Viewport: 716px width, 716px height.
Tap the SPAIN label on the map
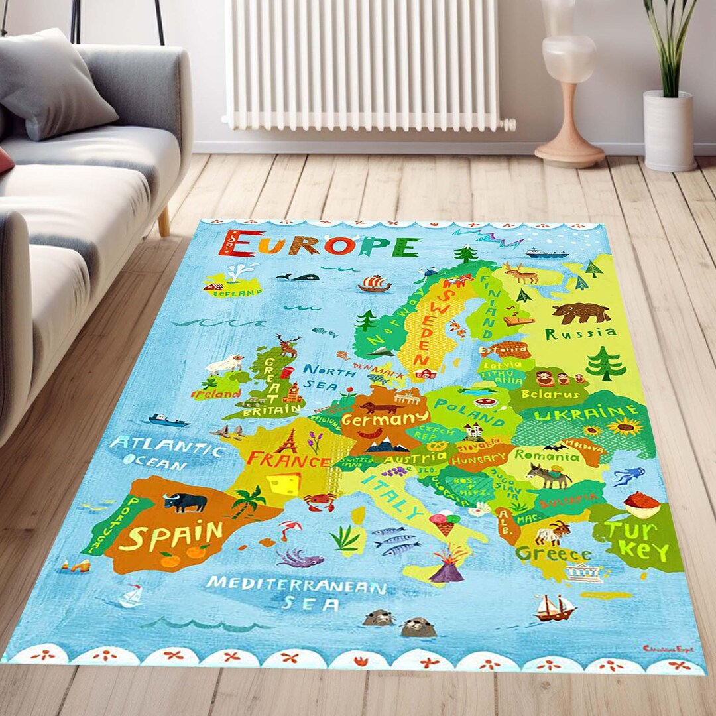[171, 536]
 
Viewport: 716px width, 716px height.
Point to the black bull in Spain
[185, 502]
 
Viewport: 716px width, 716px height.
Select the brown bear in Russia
[581, 312]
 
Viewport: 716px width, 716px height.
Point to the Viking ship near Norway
[375, 284]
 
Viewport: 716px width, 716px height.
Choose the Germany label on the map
[385, 419]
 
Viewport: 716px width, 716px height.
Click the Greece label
[554, 553]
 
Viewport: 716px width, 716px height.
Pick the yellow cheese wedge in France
[283, 483]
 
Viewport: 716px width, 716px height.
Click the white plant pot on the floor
[668, 131]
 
